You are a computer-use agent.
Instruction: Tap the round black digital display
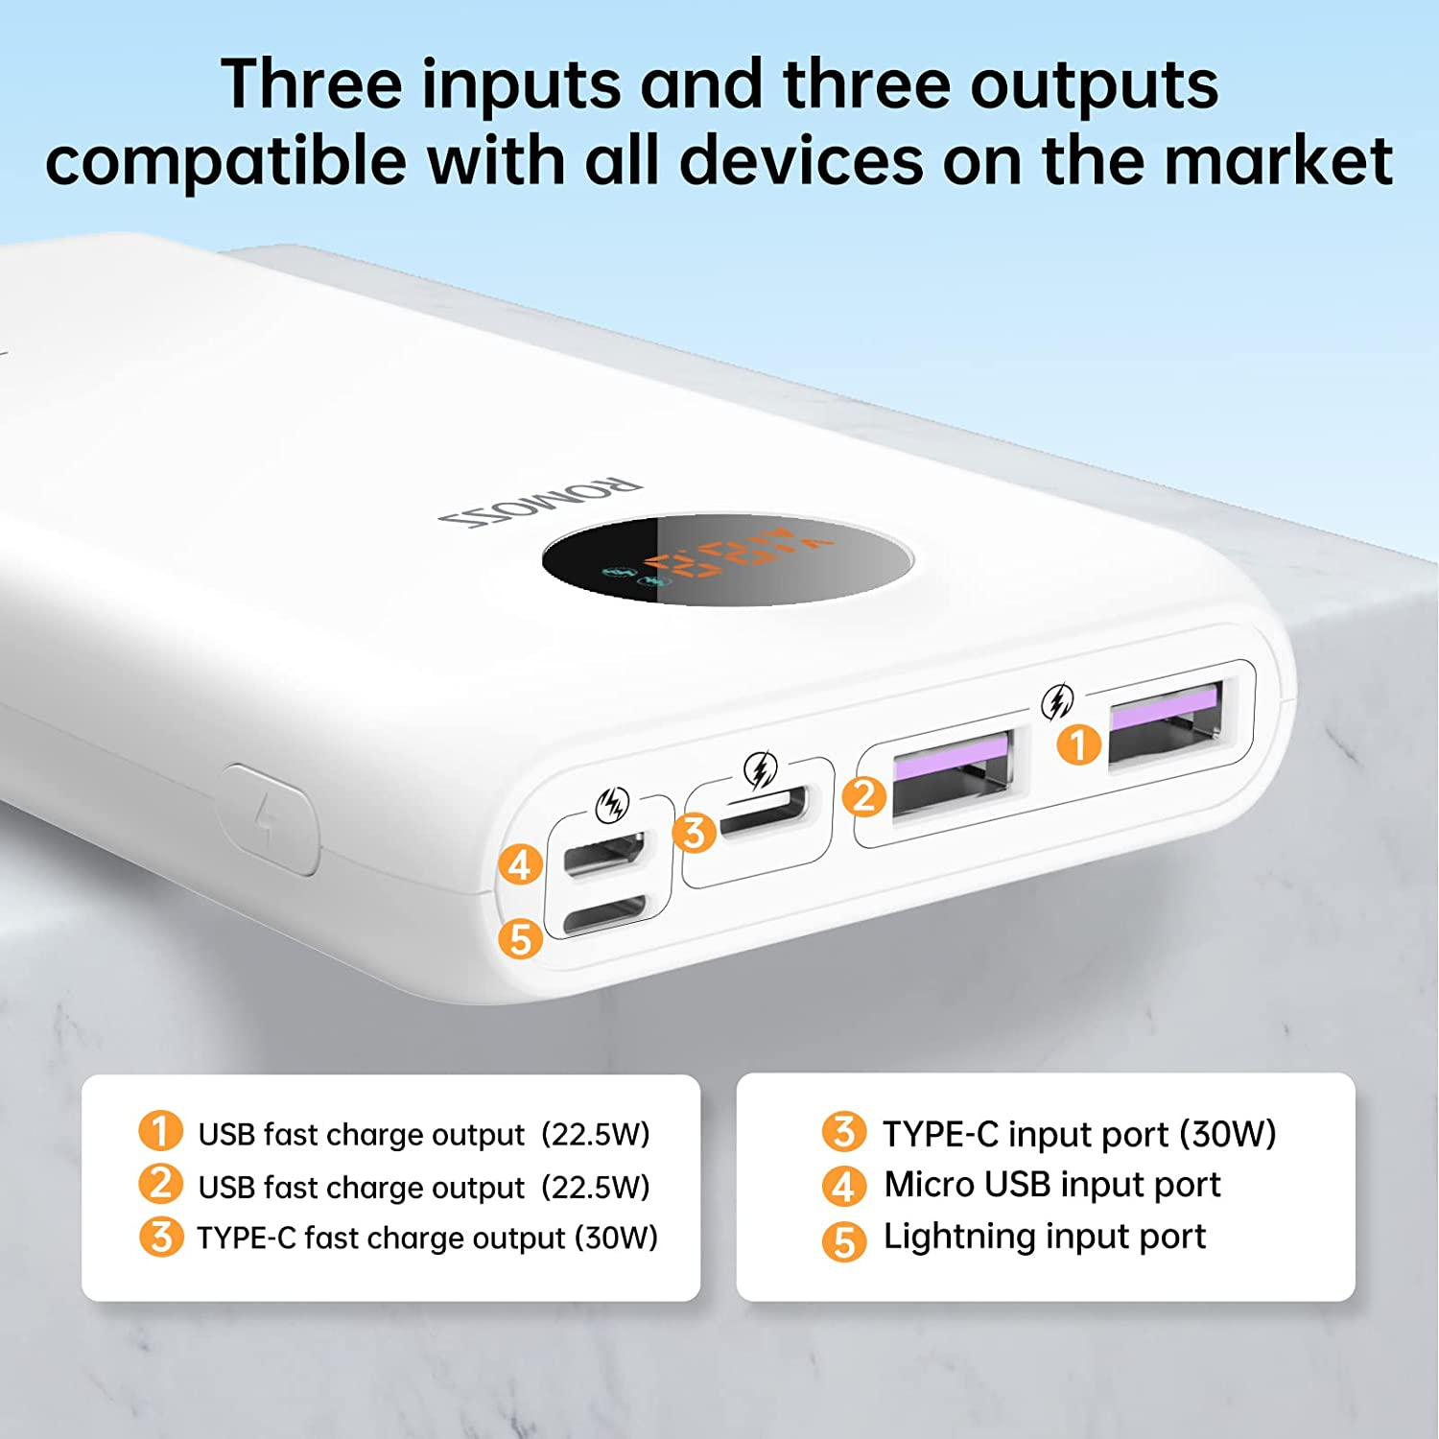(726, 558)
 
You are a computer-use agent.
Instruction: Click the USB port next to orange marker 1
(1166, 721)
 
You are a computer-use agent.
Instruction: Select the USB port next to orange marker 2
(952, 773)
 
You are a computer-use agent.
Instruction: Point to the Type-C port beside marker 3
(765, 814)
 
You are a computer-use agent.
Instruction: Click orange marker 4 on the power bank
(520, 864)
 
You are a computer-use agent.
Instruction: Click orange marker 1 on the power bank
(1079, 744)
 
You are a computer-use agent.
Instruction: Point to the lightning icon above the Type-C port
(760, 769)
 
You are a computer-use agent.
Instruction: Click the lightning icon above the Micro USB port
(612, 805)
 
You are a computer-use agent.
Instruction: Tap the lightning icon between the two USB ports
(1057, 702)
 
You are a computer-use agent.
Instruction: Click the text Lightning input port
(1044, 1237)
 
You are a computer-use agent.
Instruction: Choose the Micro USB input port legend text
(1051, 1185)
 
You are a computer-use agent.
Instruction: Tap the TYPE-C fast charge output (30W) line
(427, 1238)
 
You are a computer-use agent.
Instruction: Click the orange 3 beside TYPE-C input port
(844, 1132)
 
